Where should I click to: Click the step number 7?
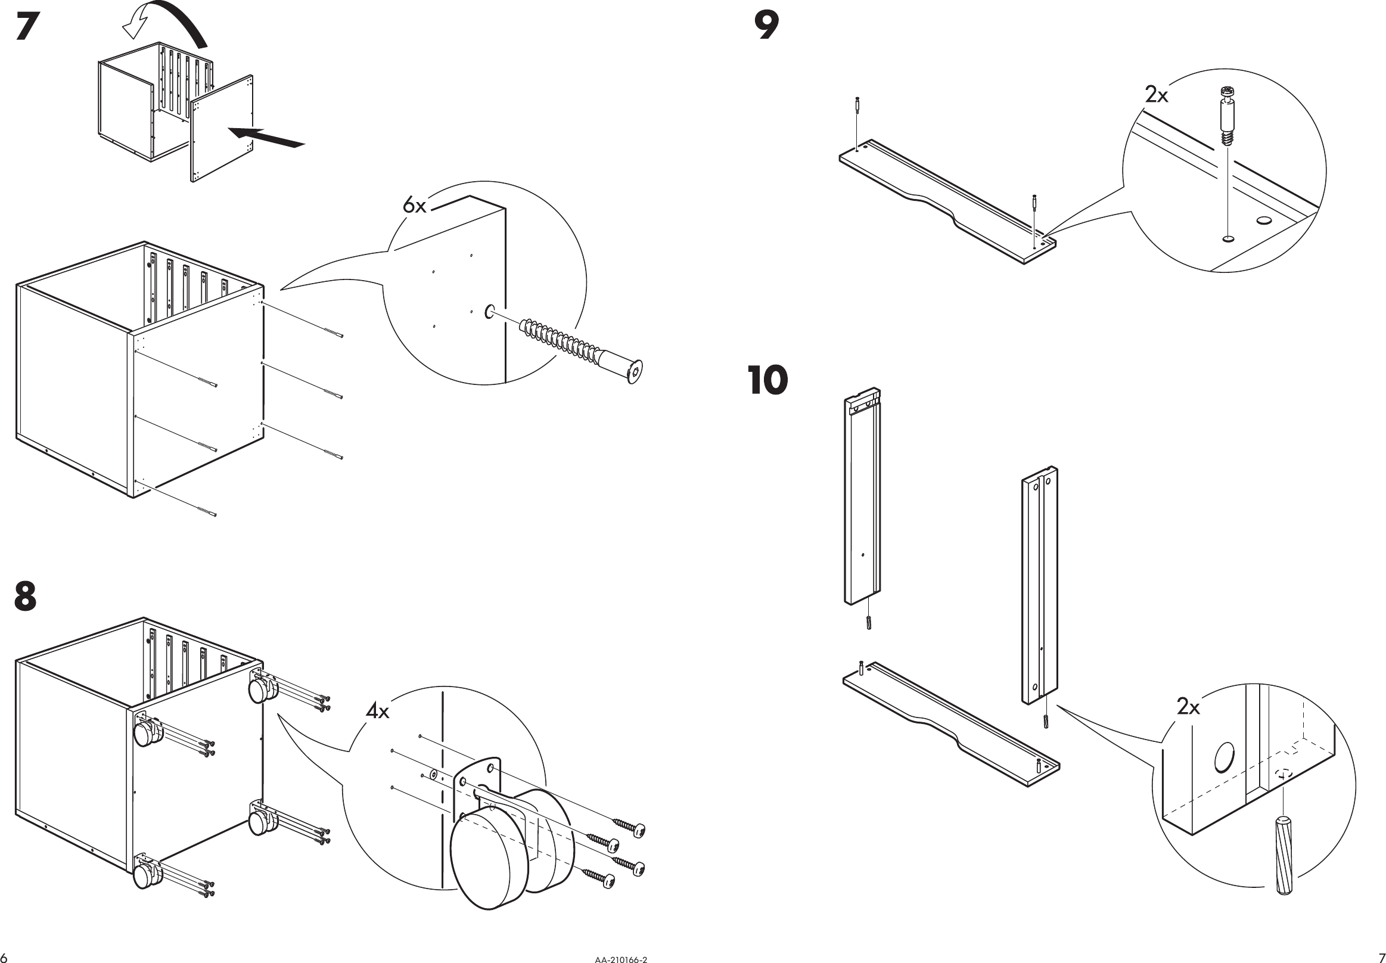27,27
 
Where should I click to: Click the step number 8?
26,596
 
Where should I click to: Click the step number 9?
767,26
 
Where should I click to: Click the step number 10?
767,380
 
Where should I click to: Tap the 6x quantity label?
415,206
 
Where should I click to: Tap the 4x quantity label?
378,712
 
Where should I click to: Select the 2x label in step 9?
1156,95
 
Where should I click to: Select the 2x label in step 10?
1188,707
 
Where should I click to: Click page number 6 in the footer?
4,958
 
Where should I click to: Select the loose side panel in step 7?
222,130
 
